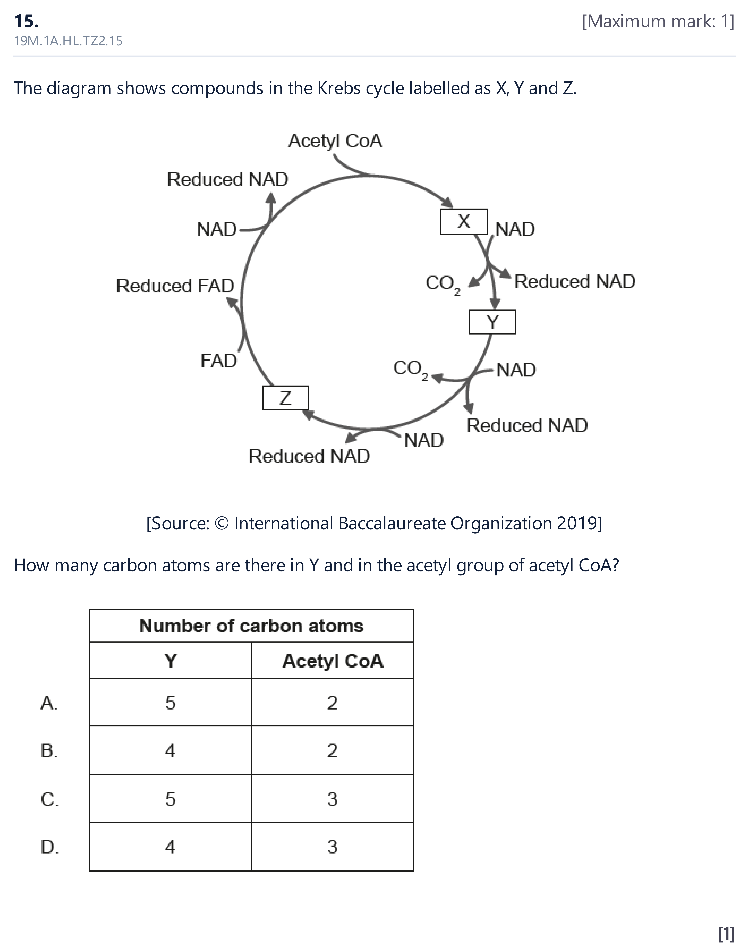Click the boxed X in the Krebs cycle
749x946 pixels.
[x=464, y=222]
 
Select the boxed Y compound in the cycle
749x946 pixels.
[x=492, y=322]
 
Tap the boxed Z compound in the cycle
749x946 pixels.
[x=285, y=398]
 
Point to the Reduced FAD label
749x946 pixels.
[x=175, y=286]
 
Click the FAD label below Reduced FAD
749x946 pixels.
[x=218, y=361]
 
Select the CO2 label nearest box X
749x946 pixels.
[x=443, y=284]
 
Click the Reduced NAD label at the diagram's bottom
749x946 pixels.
[x=309, y=456]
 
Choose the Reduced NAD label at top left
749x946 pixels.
[x=228, y=179]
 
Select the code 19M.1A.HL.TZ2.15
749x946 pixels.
[x=68, y=41]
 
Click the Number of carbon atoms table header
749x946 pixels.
[x=251, y=626]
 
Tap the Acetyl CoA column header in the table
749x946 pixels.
[x=332, y=661]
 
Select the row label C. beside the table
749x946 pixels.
[x=50, y=799]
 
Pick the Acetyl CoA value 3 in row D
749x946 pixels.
[x=332, y=847]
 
